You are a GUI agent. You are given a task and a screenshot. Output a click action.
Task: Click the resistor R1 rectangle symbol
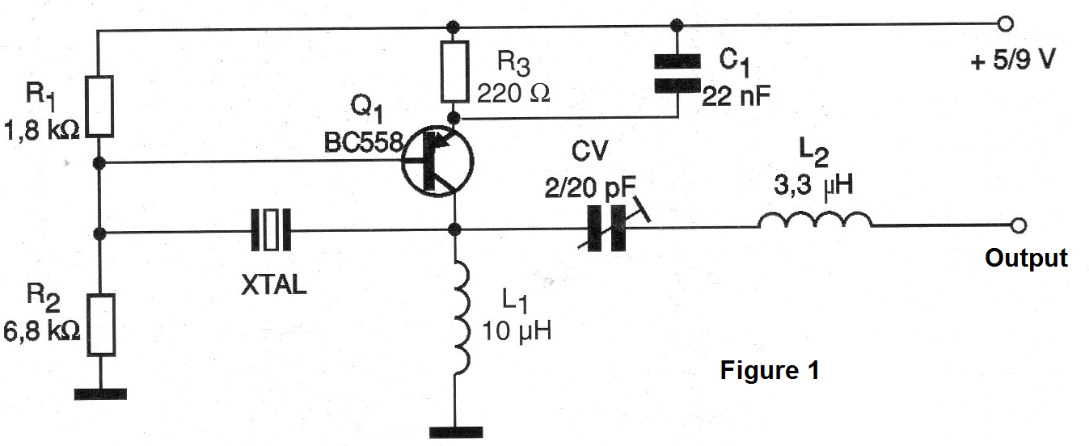click(99, 107)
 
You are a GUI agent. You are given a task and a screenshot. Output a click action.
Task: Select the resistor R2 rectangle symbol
click(101, 325)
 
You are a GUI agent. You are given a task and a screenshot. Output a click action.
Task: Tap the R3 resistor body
click(455, 72)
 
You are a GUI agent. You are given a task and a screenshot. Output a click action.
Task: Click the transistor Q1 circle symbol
click(437, 161)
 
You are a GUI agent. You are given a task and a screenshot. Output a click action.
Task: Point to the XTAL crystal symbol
click(271, 229)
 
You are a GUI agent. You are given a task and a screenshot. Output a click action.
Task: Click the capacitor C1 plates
click(677, 74)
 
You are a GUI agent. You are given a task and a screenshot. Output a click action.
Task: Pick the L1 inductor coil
click(462, 318)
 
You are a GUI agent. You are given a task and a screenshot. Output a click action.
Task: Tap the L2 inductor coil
click(815, 220)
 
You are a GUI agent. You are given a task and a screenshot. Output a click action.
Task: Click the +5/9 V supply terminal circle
click(1005, 23)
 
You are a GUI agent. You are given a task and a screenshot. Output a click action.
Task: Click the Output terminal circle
click(1018, 225)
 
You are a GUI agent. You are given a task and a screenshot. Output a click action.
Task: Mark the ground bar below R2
click(100, 394)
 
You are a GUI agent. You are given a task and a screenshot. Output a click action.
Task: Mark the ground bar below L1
click(456, 432)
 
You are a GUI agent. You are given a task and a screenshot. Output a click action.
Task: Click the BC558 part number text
click(364, 143)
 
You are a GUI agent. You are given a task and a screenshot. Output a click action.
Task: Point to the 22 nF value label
click(736, 96)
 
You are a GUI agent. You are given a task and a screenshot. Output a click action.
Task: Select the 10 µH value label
click(517, 330)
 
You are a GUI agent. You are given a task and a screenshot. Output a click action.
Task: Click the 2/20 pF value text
click(590, 187)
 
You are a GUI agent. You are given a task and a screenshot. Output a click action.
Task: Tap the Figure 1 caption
click(770, 370)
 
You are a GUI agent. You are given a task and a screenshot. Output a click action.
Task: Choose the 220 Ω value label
click(513, 93)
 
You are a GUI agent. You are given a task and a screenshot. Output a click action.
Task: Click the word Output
click(1026, 258)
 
